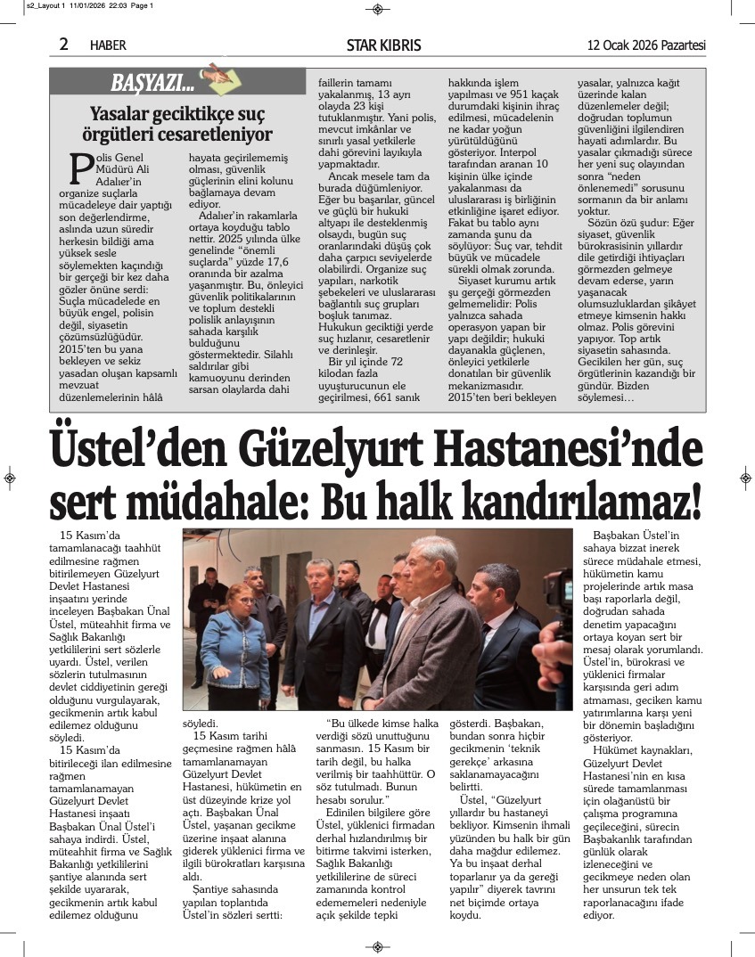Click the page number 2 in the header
64,45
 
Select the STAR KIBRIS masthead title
383,45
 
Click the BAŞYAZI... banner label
152,85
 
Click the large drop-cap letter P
81,167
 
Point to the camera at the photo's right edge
559,615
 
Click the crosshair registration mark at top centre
377,9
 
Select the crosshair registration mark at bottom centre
377,946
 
